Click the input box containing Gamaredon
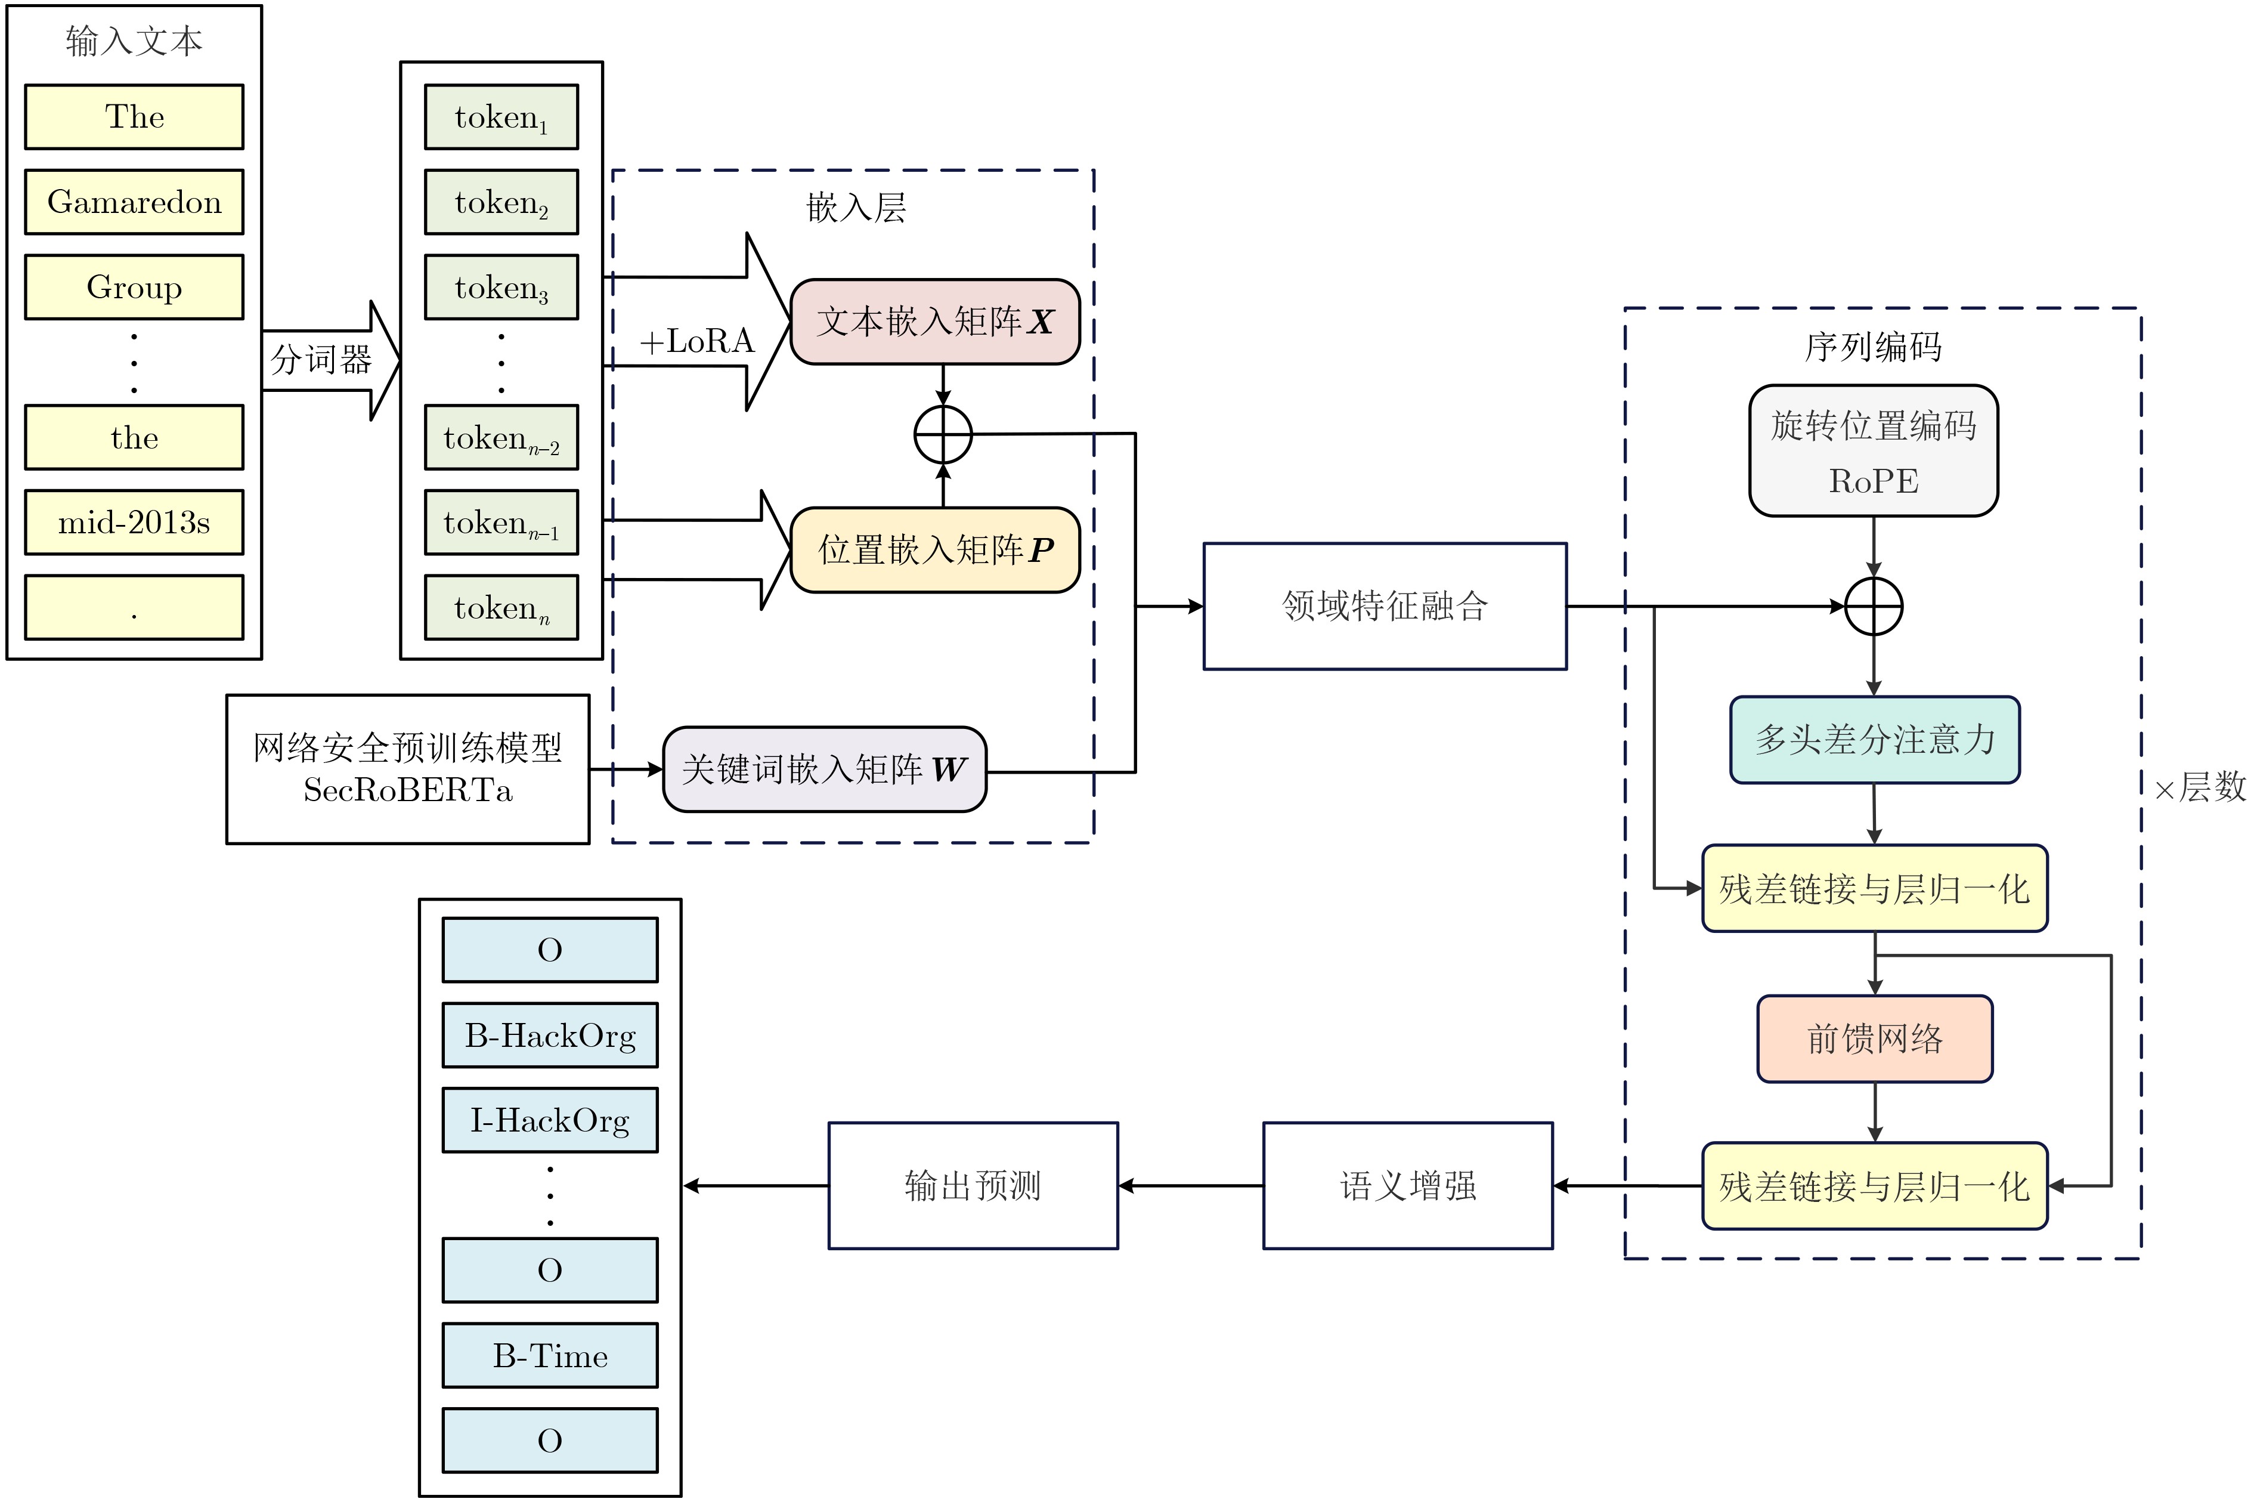point(134,202)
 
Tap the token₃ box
point(501,286)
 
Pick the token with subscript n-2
point(501,438)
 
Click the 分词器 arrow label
point(321,360)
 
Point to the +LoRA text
point(696,341)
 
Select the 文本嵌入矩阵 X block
point(934,322)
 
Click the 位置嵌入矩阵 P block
point(934,550)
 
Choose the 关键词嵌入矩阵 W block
point(823,769)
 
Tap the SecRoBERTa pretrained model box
point(407,769)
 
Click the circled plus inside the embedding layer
point(943,435)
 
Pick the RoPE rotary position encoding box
point(1873,451)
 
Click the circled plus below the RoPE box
point(1873,607)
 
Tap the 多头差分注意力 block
point(1874,740)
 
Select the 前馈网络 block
point(1874,1039)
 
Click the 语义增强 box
point(1407,1186)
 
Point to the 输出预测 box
point(972,1186)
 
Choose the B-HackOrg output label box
point(550,1036)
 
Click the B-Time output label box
point(550,1355)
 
